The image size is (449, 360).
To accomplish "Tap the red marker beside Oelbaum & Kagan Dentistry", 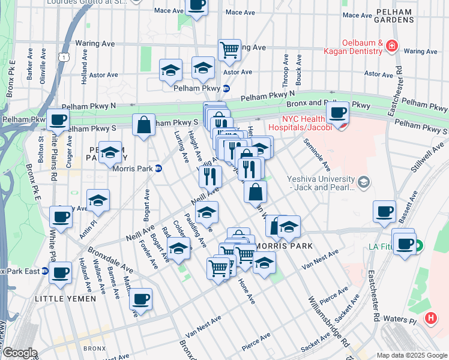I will pyautogui.click(x=392, y=45).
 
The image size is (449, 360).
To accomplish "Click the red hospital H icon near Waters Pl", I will pyautogui.click(x=430, y=319).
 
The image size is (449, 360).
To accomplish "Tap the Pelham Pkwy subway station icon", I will pyautogui.click(x=226, y=88).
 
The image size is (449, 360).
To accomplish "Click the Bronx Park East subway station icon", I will pyautogui.click(x=46, y=271).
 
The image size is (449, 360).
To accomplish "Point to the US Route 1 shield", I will pyautogui.click(x=62, y=56).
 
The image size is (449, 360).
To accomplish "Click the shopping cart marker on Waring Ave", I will pyautogui.click(x=229, y=49).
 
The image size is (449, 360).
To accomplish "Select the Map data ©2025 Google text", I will pyautogui.click(x=412, y=355).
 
